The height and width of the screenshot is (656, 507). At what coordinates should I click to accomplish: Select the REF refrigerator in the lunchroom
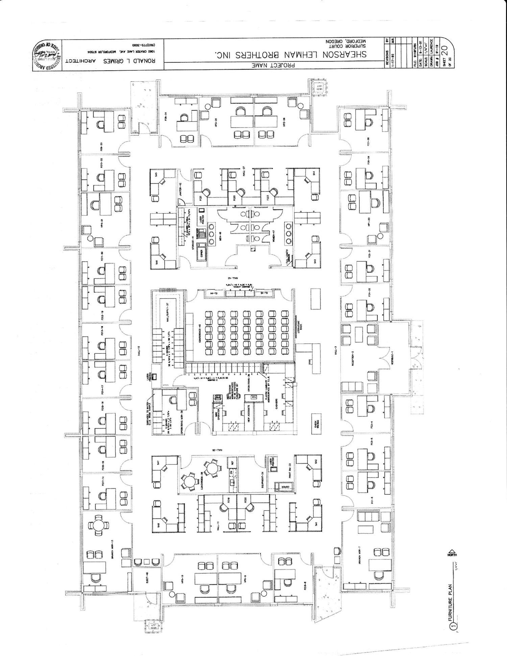[x=232, y=463]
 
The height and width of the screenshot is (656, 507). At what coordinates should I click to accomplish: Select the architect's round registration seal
[x=47, y=55]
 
